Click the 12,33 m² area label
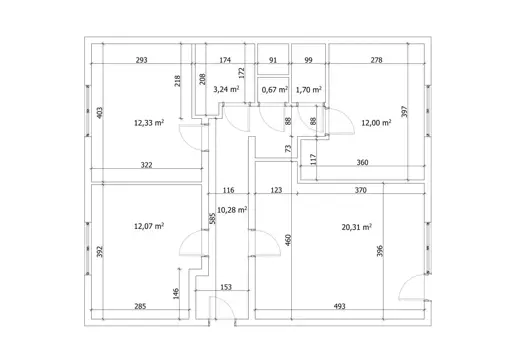point(149,123)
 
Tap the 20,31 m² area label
point(357,227)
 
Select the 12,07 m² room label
point(149,226)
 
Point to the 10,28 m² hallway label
point(232,210)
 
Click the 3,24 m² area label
point(226,89)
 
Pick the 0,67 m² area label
point(275,90)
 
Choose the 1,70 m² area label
point(309,90)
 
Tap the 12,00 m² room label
point(376,123)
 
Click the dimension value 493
point(339,306)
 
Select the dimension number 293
point(141,60)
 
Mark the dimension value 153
point(226,287)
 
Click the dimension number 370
point(360,190)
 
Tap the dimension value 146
point(176,293)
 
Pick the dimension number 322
point(146,165)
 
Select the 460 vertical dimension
point(288,240)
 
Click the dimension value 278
point(376,60)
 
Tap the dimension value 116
point(228,190)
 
